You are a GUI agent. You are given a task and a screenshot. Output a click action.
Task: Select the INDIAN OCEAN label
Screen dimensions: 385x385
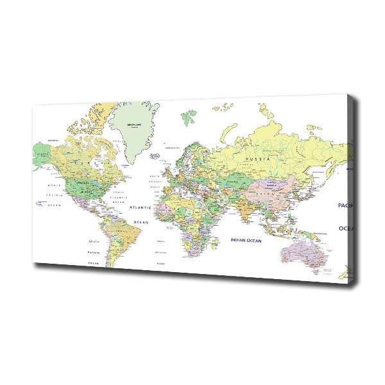(x=246, y=241)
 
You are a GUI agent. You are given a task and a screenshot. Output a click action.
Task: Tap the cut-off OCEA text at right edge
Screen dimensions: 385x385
(x=346, y=228)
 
